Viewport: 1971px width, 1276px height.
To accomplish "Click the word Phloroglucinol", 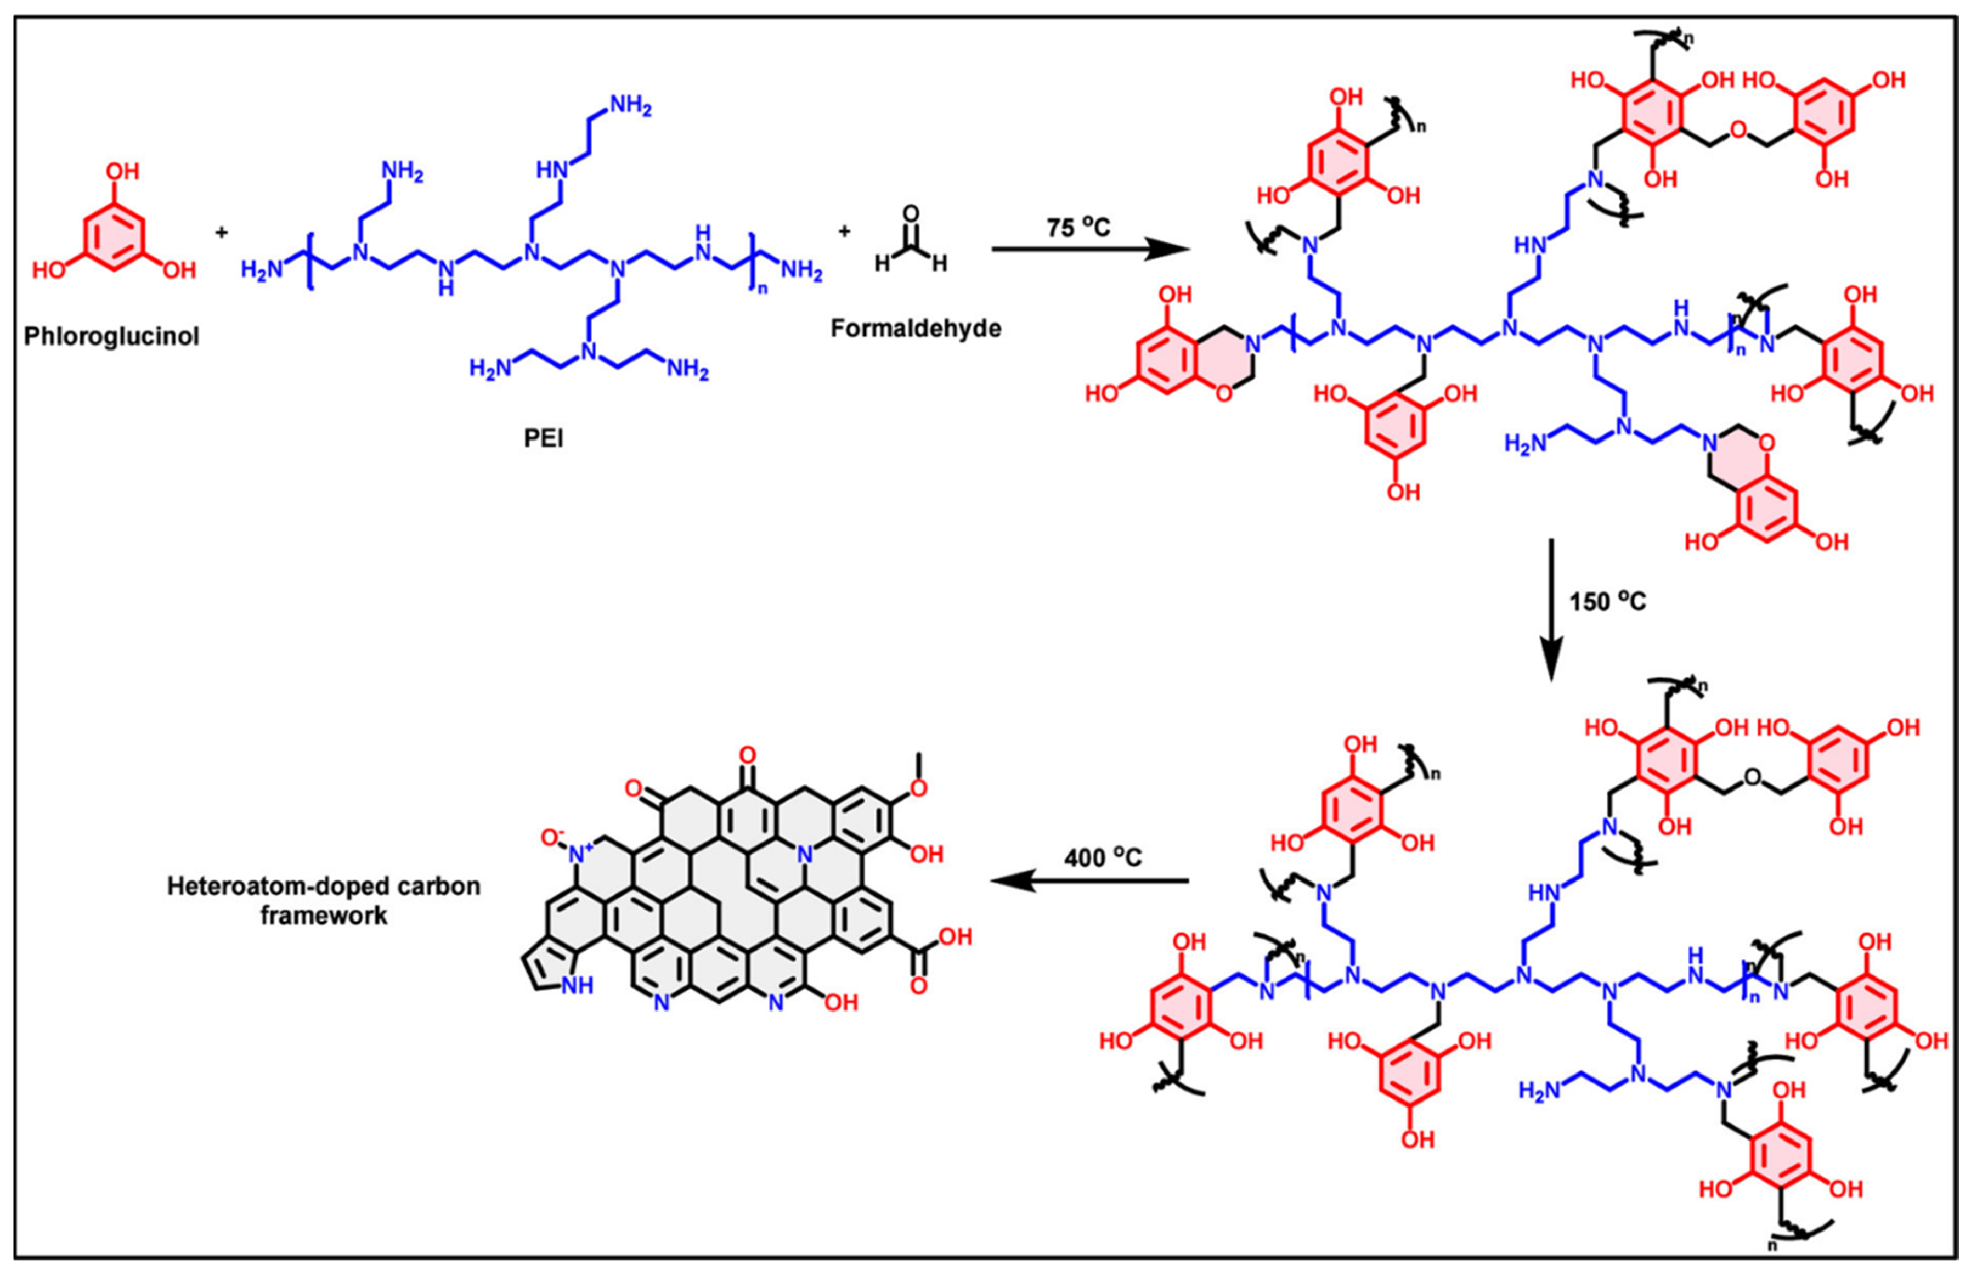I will pyautogui.click(x=112, y=337).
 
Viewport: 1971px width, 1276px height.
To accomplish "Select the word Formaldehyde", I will pyautogui.click(x=915, y=329).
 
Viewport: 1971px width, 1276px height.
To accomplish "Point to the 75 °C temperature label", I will pyautogui.click(x=1078, y=226).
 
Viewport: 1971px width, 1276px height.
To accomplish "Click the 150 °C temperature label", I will pyautogui.click(x=1607, y=601).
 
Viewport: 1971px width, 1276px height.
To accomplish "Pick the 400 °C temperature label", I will pyautogui.click(x=1103, y=857).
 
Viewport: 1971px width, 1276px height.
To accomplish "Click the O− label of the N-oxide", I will pyautogui.click(x=553, y=838).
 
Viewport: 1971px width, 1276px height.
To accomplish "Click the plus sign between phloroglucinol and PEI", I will pyautogui.click(x=221, y=233).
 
